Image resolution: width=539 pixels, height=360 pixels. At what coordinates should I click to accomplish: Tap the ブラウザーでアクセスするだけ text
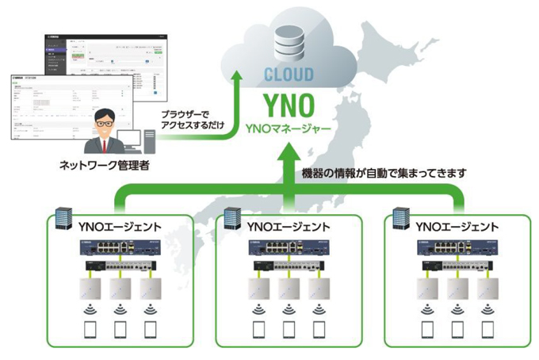190,119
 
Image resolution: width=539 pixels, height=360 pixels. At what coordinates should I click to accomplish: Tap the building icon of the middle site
231,218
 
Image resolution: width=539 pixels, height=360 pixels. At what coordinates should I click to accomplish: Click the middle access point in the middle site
288,289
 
